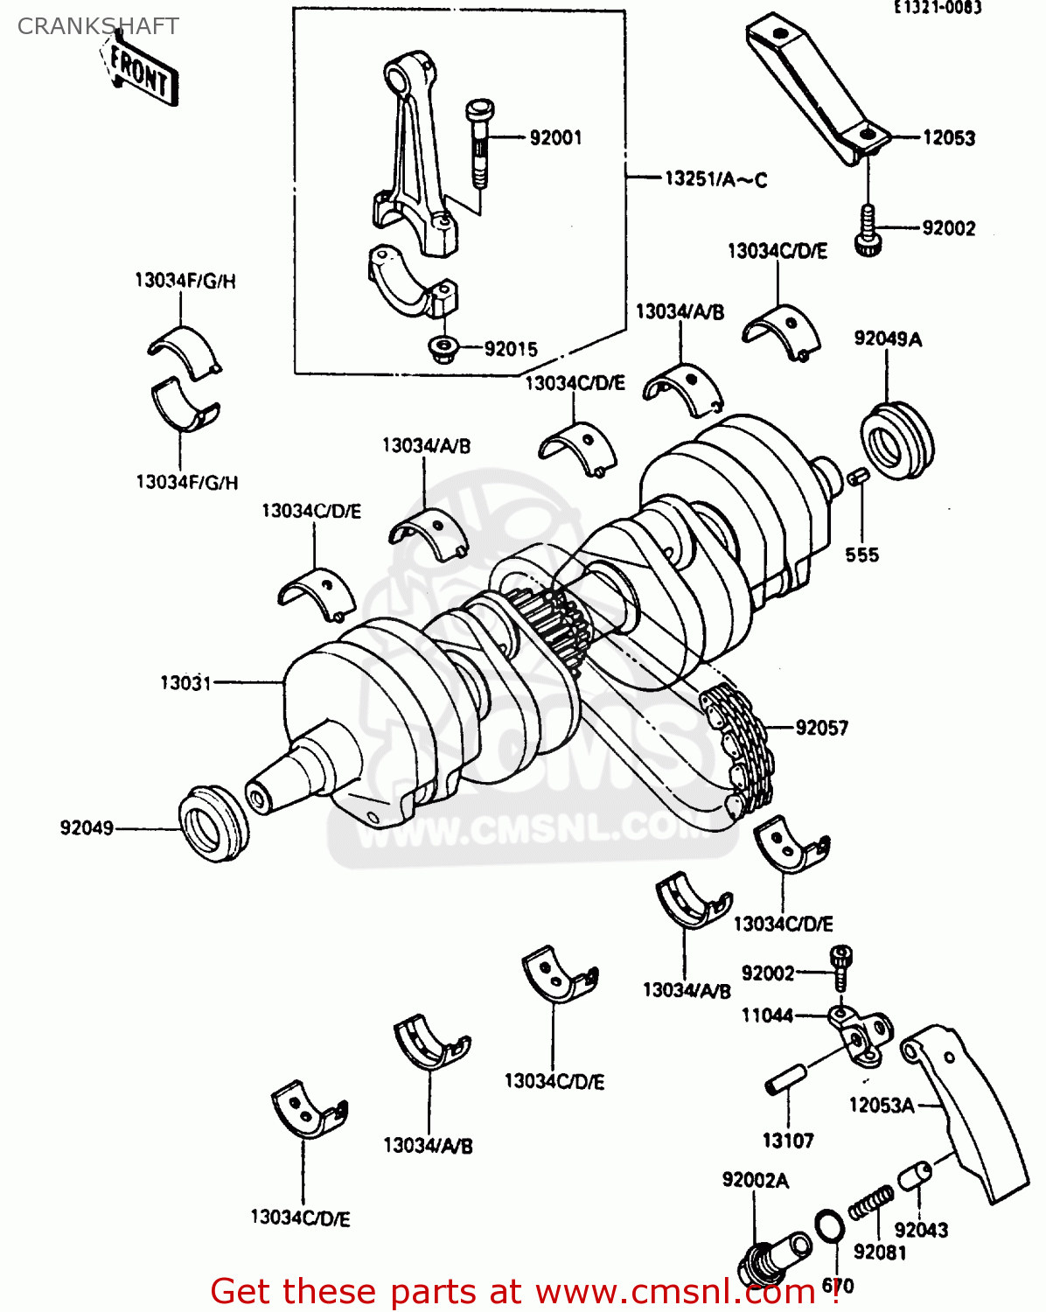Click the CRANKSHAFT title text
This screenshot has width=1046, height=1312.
pyautogui.click(x=98, y=26)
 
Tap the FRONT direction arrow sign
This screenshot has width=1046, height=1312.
pyautogui.click(x=140, y=73)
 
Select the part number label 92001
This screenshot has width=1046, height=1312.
pyautogui.click(x=555, y=137)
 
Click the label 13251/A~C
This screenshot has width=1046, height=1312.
pyautogui.click(x=715, y=179)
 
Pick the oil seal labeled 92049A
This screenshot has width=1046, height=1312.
pyautogui.click(x=896, y=440)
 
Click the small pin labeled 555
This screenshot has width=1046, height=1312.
pyautogui.click(x=857, y=477)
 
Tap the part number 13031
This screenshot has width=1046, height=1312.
pyautogui.click(x=185, y=682)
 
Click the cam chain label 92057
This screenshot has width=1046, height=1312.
pyautogui.click(x=821, y=728)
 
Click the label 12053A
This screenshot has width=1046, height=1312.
pyautogui.click(x=881, y=1106)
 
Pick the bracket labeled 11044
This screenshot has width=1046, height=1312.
pyautogui.click(x=861, y=1036)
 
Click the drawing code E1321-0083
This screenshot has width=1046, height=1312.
pyautogui.click(x=937, y=8)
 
